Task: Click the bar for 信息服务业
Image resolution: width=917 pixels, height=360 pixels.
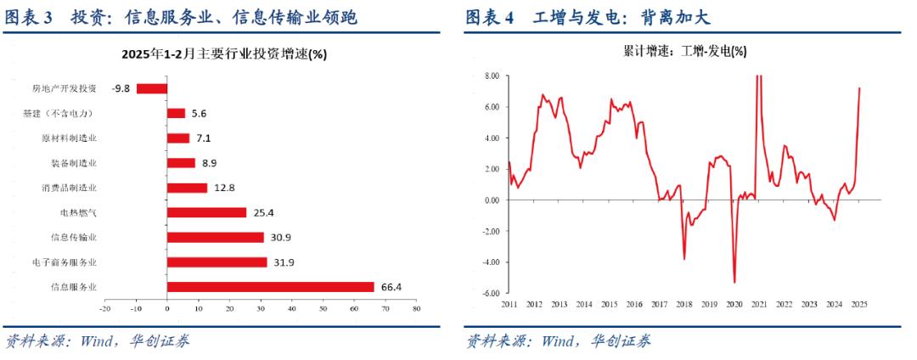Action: click(x=270, y=287)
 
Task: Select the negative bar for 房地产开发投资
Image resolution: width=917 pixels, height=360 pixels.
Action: click(x=152, y=87)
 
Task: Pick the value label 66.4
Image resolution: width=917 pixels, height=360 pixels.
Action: click(x=391, y=287)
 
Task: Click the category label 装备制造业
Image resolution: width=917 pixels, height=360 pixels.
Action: click(x=74, y=162)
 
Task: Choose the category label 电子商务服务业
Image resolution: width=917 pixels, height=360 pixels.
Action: click(x=65, y=262)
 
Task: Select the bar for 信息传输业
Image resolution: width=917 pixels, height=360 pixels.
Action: click(x=215, y=238)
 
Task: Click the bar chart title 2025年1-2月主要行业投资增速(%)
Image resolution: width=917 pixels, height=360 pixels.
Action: click(x=224, y=53)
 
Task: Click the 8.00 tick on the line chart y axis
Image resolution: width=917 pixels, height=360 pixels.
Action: click(x=492, y=76)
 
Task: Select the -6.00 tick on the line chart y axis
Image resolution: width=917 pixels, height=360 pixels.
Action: click(x=491, y=293)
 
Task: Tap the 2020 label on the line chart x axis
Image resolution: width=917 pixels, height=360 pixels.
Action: click(x=734, y=303)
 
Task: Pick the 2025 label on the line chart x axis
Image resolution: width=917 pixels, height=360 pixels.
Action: click(x=858, y=303)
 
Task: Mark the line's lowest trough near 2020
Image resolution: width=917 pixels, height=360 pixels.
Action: click(x=734, y=282)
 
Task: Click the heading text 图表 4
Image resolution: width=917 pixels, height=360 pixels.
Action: click(x=490, y=17)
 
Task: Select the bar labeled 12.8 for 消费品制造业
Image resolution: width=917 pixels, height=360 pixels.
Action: click(x=187, y=188)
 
